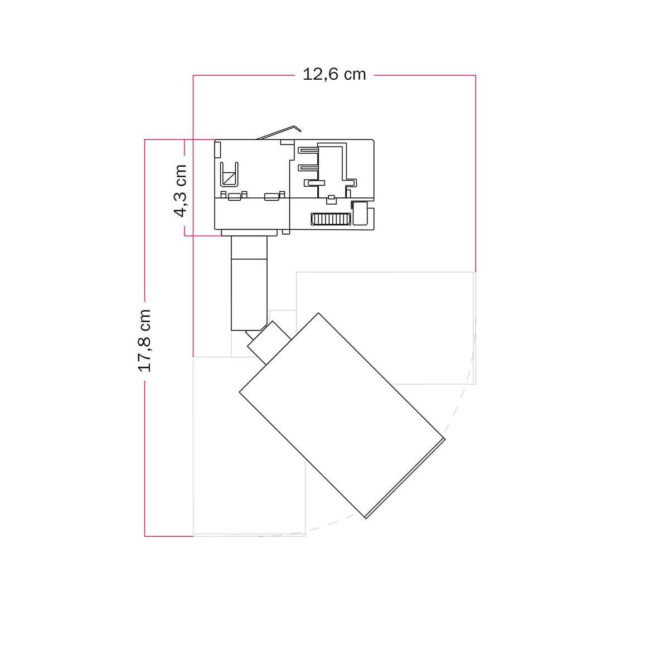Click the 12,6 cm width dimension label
(334, 75)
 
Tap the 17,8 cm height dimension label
(144, 341)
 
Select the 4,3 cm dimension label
(180, 191)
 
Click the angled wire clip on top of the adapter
(279, 132)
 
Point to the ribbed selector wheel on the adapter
(331, 219)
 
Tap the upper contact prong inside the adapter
(309, 151)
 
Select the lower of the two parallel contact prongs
(309, 168)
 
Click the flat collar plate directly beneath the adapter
(249, 233)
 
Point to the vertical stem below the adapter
(249, 283)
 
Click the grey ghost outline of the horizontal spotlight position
(386, 328)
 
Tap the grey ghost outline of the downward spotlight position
(249, 447)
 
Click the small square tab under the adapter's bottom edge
(286, 232)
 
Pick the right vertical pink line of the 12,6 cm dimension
(476, 173)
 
